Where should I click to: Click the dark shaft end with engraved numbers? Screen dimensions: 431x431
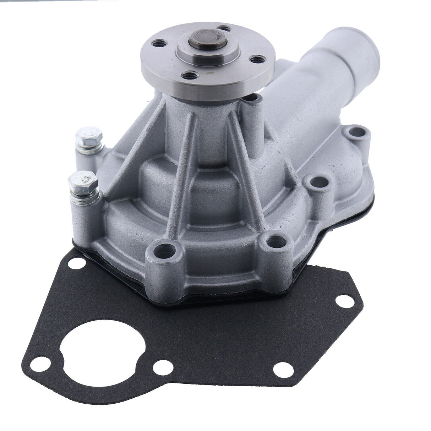(x=202, y=40)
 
